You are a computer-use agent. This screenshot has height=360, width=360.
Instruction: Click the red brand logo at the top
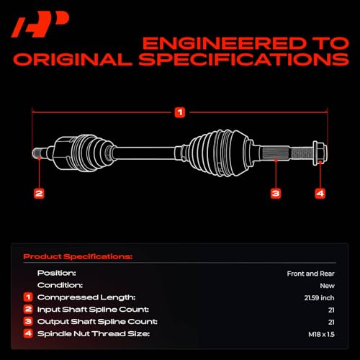(40, 24)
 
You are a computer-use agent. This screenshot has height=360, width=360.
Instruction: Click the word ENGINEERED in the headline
(225, 43)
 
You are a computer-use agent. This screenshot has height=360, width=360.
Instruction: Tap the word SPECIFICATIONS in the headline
(244, 59)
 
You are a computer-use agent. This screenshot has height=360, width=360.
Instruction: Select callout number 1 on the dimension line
(180, 112)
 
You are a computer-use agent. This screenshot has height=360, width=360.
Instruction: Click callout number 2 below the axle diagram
(39, 194)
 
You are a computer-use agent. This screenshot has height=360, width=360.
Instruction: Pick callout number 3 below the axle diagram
(276, 194)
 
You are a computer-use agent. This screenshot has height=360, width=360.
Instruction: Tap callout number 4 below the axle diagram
(320, 194)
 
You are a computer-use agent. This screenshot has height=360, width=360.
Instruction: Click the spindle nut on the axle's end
(320, 153)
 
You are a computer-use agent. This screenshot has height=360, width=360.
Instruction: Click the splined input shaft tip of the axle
(39, 153)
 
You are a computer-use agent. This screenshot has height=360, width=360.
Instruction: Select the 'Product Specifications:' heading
(78, 256)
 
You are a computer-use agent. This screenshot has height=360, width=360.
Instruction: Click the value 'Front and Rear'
(310, 274)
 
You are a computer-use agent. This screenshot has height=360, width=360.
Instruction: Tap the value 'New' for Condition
(327, 286)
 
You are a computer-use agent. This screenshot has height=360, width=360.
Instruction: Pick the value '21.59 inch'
(319, 298)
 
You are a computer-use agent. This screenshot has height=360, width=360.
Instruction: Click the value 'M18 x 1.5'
(321, 334)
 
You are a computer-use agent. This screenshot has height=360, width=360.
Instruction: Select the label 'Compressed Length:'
(86, 297)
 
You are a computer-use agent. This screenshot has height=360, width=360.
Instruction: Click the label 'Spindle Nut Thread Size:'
(94, 334)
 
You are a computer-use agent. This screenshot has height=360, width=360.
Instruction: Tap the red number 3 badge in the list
(28, 321)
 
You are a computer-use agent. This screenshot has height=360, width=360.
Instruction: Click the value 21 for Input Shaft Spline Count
(331, 310)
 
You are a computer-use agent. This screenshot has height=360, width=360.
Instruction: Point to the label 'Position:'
(57, 273)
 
